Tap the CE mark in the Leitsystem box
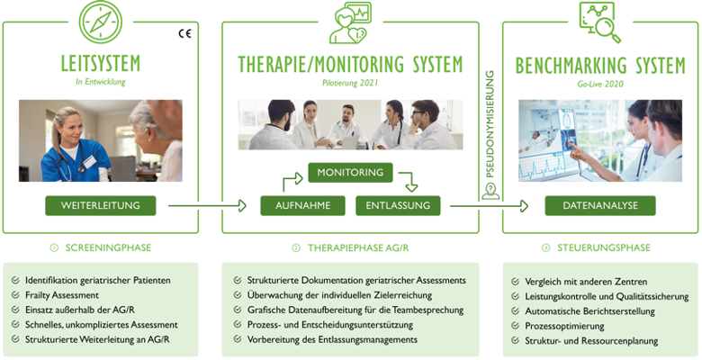point(185,34)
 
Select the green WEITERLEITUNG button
point(100,206)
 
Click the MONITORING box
point(350,172)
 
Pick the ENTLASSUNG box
point(398,206)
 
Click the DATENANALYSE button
point(599,206)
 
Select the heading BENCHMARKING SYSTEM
point(600,66)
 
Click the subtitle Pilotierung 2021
point(350,83)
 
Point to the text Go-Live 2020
point(600,83)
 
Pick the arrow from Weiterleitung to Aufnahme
point(207,206)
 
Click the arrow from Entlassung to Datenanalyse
point(490,206)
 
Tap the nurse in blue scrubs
point(67,144)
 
